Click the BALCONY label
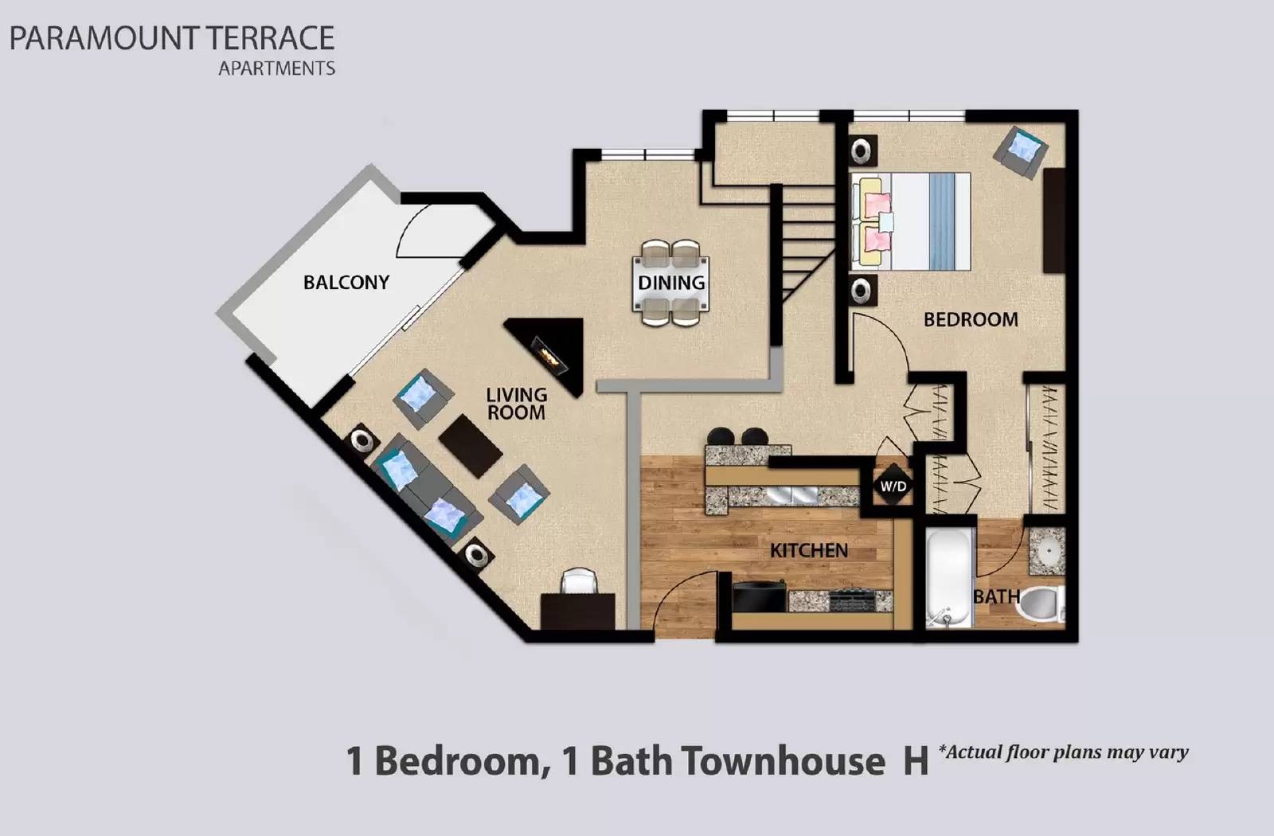pyautogui.click(x=346, y=283)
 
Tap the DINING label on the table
pyautogui.click(x=671, y=283)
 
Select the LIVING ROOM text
pyautogui.click(x=516, y=404)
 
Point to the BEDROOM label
pyautogui.click(x=971, y=319)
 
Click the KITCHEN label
pyautogui.click(x=808, y=550)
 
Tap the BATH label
pyautogui.click(x=996, y=596)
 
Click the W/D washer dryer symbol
pyautogui.click(x=893, y=486)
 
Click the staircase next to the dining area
pyautogui.click(x=806, y=239)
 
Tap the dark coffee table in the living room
pyautogui.click(x=471, y=445)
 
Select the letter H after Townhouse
pyautogui.click(x=915, y=760)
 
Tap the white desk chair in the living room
pyautogui.click(x=579, y=582)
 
